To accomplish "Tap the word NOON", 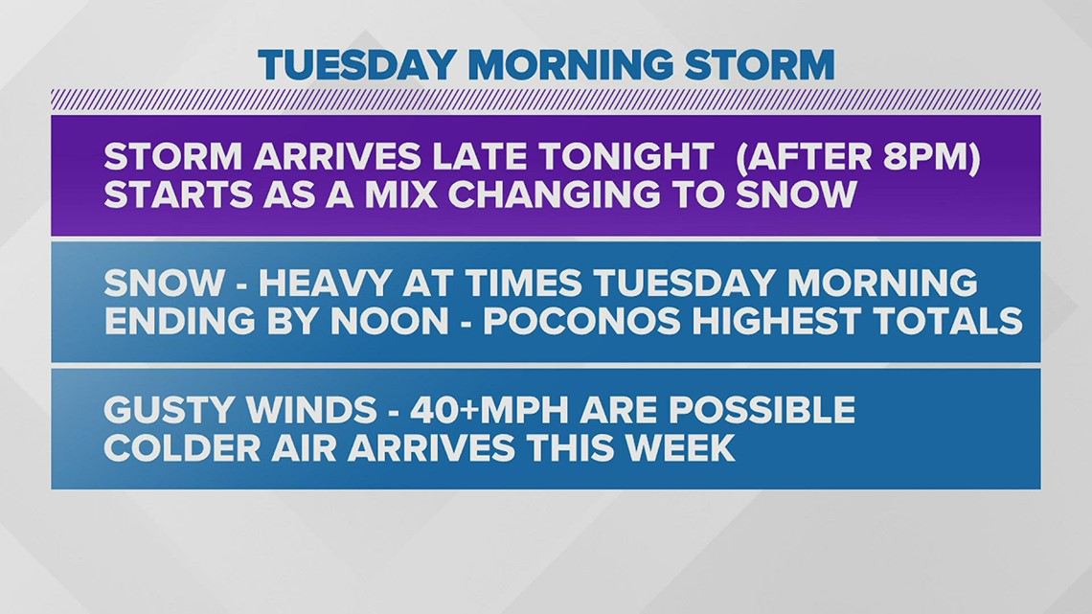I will tap(392, 320).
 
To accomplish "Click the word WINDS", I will tap(317, 410).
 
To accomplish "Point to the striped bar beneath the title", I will tap(546, 100).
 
